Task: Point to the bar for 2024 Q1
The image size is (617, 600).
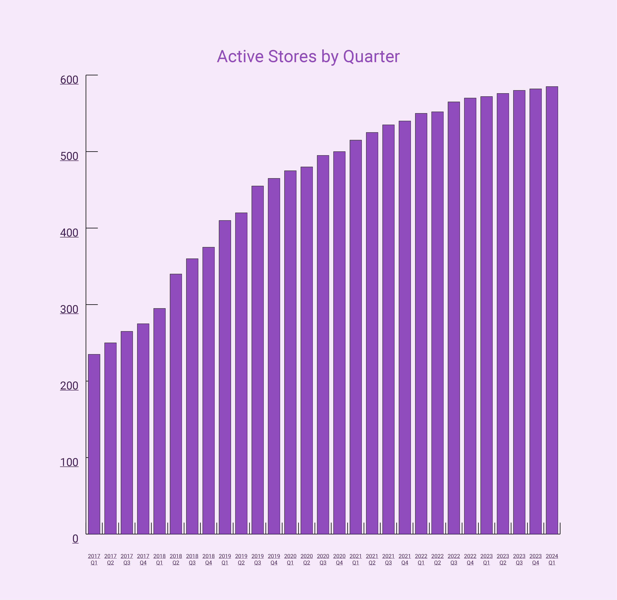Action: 552,310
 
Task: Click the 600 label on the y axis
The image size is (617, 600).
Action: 69,80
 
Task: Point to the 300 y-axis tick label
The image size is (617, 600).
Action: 69,309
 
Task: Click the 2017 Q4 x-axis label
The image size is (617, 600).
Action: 143,559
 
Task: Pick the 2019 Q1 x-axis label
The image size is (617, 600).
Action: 225,559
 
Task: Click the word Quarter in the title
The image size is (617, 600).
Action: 371,57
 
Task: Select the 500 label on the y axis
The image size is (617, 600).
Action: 69,156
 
